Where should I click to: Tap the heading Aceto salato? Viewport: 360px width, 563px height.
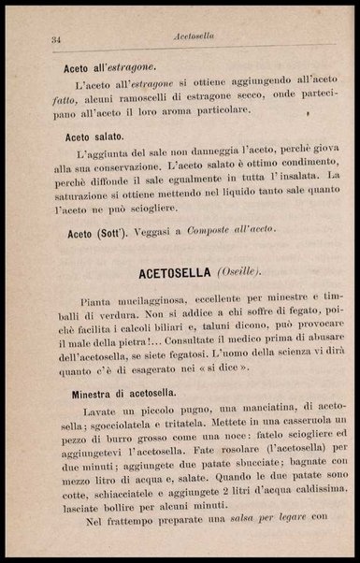click(96, 137)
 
